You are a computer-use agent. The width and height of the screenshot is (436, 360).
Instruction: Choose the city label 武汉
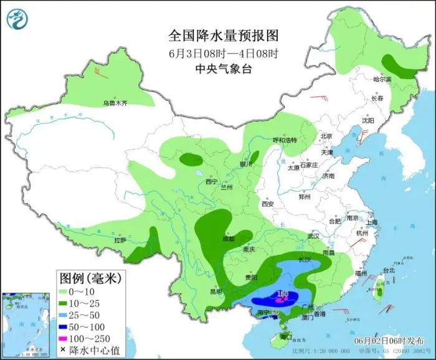313,236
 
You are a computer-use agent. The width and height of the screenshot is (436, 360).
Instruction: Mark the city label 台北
389,270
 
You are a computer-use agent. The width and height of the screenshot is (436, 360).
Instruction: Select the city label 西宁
211,182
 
